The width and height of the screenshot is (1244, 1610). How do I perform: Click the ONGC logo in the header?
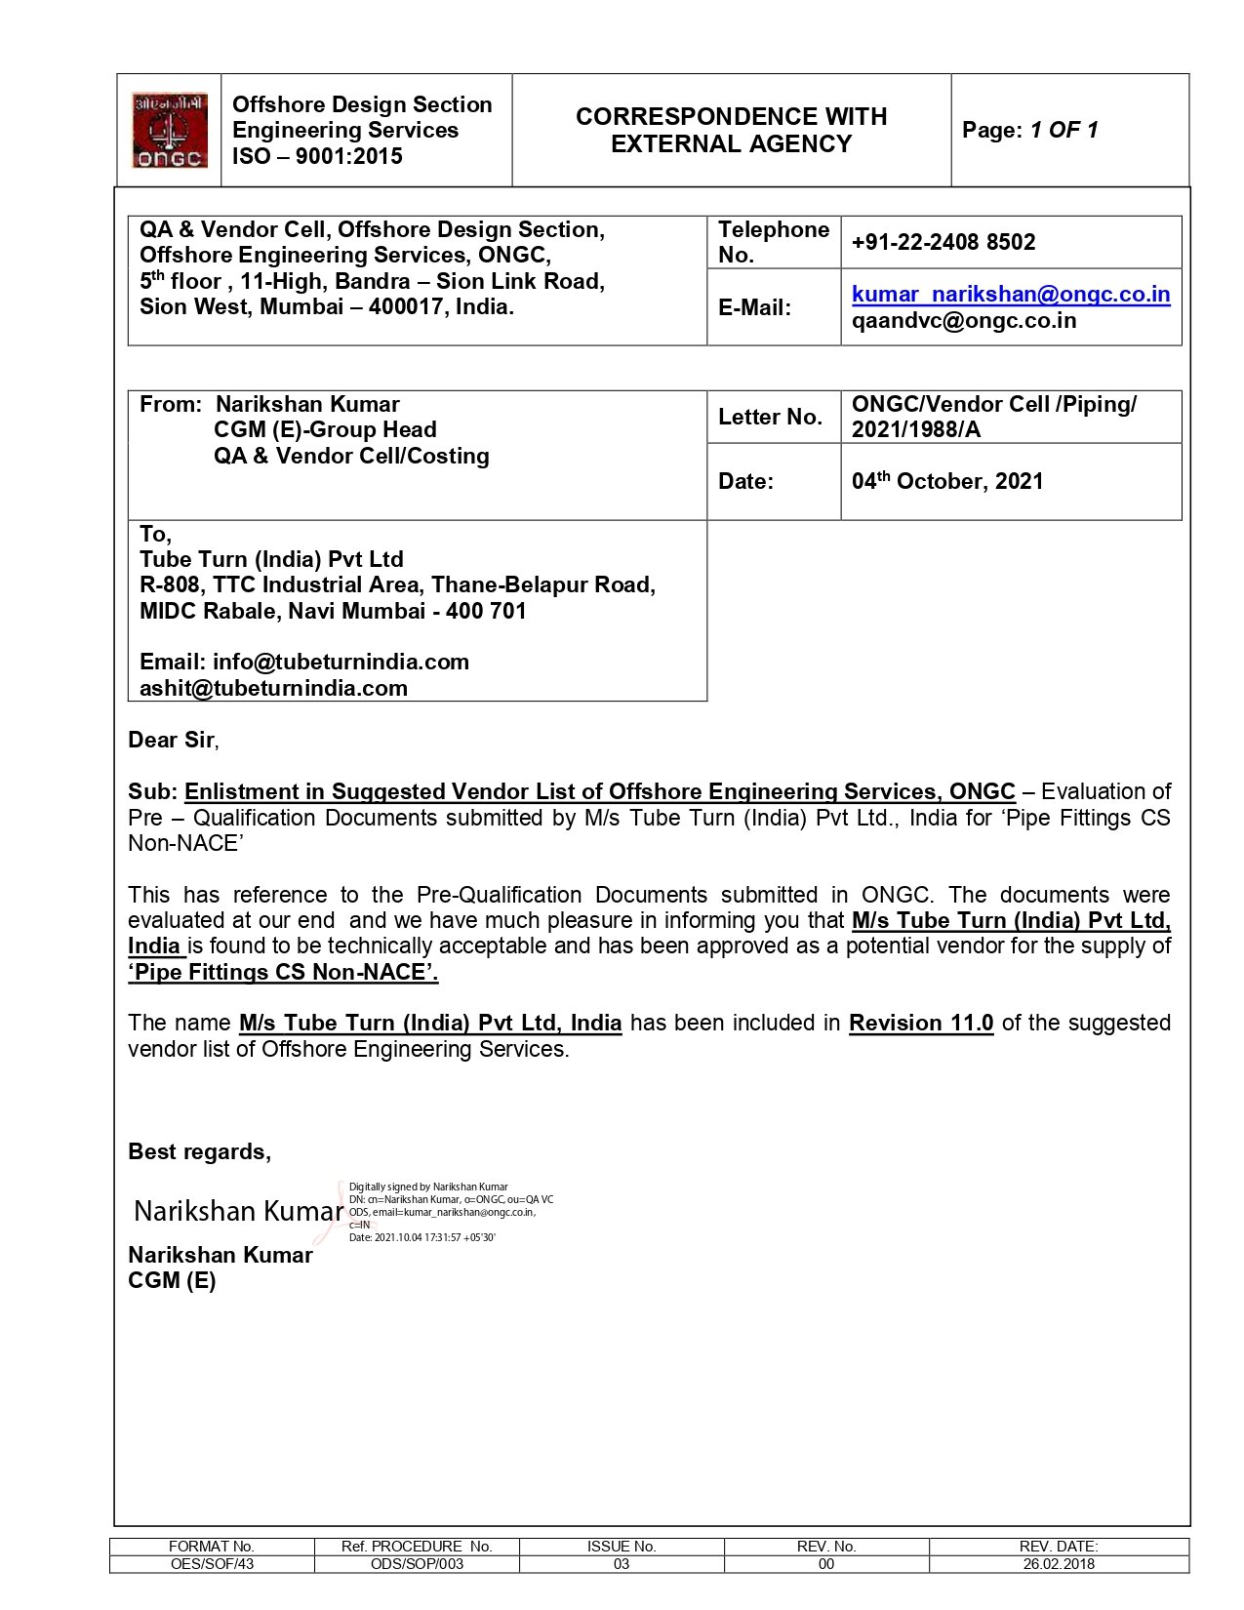point(170,131)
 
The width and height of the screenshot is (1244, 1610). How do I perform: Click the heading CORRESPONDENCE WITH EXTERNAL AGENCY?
point(731,130)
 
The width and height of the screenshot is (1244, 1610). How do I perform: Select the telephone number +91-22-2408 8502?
point(943,242)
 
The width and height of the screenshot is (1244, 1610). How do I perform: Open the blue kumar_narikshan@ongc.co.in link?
point(1010,294)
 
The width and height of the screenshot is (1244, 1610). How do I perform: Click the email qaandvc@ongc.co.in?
point(963,320)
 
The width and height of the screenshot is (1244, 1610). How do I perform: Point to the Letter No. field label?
point(770,417)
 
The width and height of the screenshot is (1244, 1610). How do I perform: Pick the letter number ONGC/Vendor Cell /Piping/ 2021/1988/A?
point(992,417)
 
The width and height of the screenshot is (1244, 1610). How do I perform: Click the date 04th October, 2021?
point(946,481)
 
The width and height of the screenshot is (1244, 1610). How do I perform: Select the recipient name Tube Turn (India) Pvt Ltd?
point(271,559)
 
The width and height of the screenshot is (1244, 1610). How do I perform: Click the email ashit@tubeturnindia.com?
point(273,688)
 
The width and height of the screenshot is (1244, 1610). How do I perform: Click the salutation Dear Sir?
point(172,740)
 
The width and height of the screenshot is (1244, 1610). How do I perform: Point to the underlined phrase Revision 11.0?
point(920,1023)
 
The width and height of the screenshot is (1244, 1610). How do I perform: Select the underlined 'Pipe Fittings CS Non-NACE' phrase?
point(283,972)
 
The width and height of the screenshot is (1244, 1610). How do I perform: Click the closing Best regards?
point(199,1151)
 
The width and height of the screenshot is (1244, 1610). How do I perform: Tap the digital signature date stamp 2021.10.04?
point(421,1237)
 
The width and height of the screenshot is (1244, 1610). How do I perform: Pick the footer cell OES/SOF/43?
point(212,1564)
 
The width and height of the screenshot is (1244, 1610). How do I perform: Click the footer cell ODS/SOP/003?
point(417,1564)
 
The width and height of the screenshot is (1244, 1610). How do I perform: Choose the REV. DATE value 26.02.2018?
point(1059,1564)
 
